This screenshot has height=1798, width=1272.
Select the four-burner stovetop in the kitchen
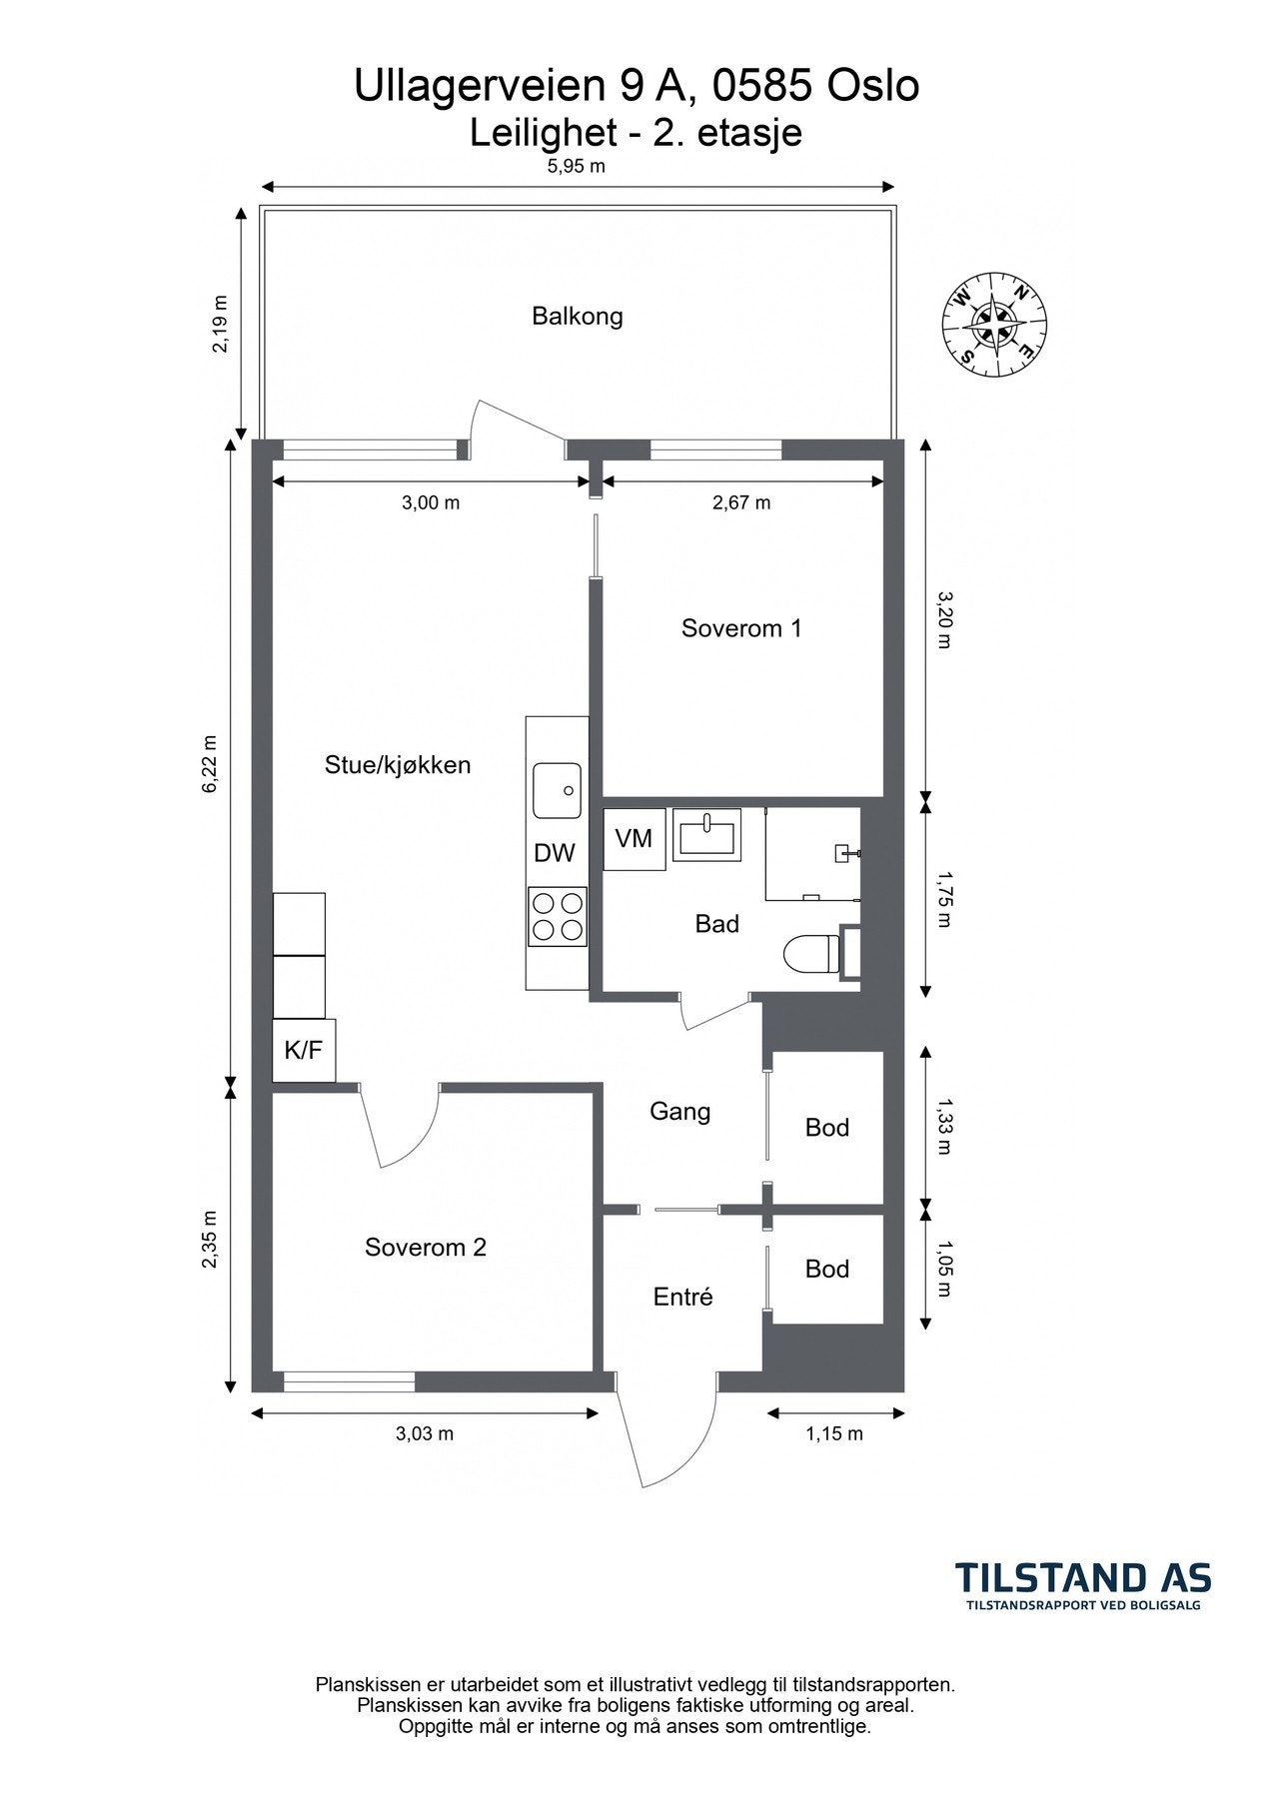click(558, 916)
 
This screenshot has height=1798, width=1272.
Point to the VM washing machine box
click(634, 838)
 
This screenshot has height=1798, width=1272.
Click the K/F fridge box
click(304, 1050)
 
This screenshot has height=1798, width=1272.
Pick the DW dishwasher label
click(555, 853)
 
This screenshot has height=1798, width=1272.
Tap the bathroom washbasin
click(708, 834)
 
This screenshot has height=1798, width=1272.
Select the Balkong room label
click(578, 317)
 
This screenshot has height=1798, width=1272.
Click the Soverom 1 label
click(741, 628)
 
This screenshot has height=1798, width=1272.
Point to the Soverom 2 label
click(426, 1247)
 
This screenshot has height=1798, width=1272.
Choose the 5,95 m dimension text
click(577, 167)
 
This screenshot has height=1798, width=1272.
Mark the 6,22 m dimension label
click(210, 764)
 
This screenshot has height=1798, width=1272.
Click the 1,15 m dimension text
click(834, 1434)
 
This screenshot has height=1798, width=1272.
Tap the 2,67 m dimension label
click(741, 502)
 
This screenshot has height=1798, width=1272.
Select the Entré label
click(683, 1297)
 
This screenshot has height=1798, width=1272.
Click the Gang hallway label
click(680, 1112)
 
